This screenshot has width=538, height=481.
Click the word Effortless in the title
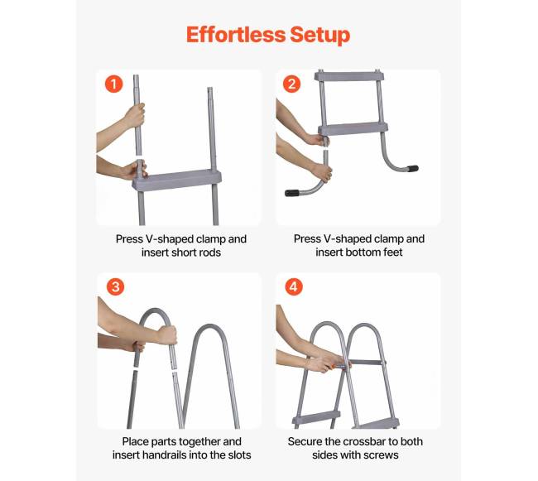[236, 35]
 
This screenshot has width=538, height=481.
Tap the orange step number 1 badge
[114, 84]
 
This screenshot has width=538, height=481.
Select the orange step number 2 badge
[291, 84]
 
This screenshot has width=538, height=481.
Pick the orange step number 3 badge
[115, 286]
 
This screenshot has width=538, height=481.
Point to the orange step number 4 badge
[294, 286]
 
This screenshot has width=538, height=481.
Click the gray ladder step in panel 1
[176, 180]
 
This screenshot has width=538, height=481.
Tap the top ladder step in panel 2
[349, 76]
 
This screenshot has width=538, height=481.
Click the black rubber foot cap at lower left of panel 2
[292, 193]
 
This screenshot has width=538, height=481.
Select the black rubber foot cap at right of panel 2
[412, 168]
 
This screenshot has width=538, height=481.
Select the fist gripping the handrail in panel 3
[167, 335]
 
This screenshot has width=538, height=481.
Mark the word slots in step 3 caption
[239, 455]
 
